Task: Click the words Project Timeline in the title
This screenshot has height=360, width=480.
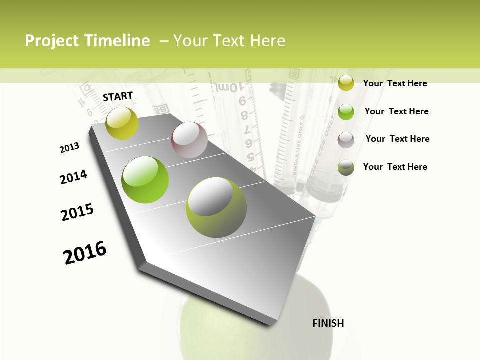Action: pos(87,41)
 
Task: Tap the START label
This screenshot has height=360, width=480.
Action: pos(118,96)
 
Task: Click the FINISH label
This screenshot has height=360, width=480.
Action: pos(328,323)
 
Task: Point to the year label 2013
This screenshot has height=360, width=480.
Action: pos(69,148)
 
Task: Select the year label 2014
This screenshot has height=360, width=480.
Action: pos(73,177)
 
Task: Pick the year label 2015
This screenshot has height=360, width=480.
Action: pos(77,212)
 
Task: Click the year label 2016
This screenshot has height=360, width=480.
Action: pos(85,252)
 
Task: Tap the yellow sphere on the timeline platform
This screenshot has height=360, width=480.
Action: pos(122,123)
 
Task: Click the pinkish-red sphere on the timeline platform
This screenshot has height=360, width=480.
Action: pos(189,140)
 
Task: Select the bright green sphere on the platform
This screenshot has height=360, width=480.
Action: pos(145,180)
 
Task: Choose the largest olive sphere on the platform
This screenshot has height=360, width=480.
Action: pos(216,207)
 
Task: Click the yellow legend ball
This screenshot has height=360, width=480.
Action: pos(346,83)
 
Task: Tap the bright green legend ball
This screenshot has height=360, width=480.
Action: pos(346,112)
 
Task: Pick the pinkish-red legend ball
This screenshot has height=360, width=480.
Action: pos(346,139)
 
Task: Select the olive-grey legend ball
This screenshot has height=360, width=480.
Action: pos(346,167)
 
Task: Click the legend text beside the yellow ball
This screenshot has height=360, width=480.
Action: pos(395,83)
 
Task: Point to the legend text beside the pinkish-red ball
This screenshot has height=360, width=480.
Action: pos(397,139)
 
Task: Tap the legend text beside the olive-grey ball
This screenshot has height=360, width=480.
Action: pos(395,167)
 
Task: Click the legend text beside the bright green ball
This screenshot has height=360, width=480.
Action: pos(396,111)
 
